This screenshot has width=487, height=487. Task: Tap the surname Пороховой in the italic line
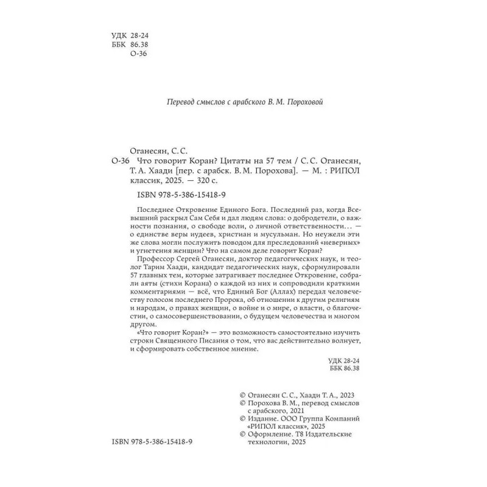[307, 102]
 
